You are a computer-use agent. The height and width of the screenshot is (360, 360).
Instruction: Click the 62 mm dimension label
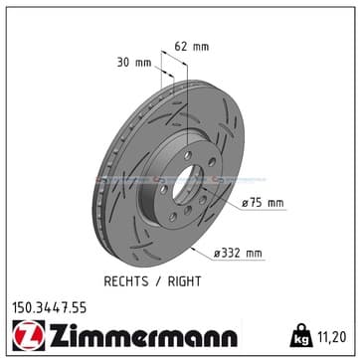tap(192, 47)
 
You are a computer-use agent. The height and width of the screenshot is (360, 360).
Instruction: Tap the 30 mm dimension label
tap(134, 63)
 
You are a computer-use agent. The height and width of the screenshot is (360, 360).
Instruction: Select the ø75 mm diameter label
tap(263, 203)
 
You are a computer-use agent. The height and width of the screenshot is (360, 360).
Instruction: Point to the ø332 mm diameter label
tap(238, 254)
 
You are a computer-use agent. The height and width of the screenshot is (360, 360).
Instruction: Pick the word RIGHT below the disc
tap(184, 281)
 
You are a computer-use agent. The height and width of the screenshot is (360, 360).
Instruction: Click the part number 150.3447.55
tap(50, 308)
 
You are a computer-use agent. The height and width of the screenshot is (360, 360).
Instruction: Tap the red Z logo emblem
tap(29, 335)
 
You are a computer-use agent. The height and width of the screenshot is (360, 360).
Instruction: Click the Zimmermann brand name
tap(143, 335)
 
